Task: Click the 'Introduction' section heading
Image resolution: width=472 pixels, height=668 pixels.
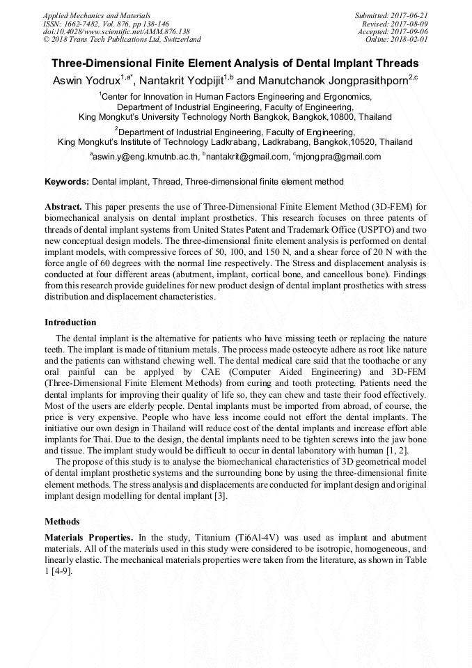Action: click(x=70, y=323)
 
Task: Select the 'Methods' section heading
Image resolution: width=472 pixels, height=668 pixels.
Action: click(x=62, y=521)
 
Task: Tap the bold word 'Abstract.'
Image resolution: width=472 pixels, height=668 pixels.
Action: click(x=63, y=208)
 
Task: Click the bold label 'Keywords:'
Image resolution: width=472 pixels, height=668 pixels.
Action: click(x=67, y=182)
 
